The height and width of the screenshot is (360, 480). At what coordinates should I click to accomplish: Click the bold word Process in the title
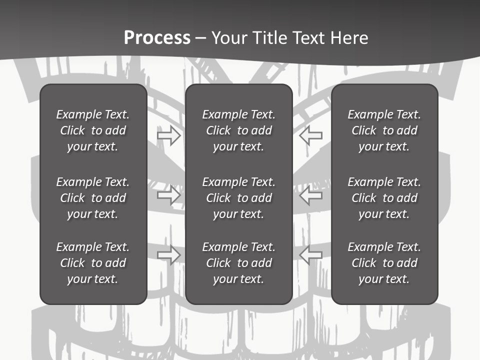(x=157, y=38)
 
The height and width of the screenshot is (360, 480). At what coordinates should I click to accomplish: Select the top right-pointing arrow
(x=169, y=135)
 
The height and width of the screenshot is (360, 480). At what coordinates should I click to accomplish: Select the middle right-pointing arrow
(x=169, y=195)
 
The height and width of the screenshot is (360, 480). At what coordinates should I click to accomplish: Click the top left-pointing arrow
(x=310, y=135)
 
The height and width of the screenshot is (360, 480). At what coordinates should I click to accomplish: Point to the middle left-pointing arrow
(x=310, y=195)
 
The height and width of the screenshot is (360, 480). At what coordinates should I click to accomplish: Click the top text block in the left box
(x=93, y=130)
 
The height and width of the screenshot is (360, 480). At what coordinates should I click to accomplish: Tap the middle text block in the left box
(x=93, y=198)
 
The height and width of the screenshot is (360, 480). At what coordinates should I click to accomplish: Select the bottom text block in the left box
(x=93, y=263)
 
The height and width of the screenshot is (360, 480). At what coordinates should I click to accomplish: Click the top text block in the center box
(x=238, y=130)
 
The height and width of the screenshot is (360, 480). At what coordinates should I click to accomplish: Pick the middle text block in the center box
(x=238, y=198)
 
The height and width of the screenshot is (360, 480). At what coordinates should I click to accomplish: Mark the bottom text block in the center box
(x=238, y=263)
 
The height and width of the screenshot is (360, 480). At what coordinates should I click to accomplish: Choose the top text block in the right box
(x=384, y=130)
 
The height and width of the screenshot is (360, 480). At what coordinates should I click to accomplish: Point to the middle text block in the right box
(x=384, y=198)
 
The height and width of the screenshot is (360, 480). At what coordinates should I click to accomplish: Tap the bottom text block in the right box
(x=384, y=263)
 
